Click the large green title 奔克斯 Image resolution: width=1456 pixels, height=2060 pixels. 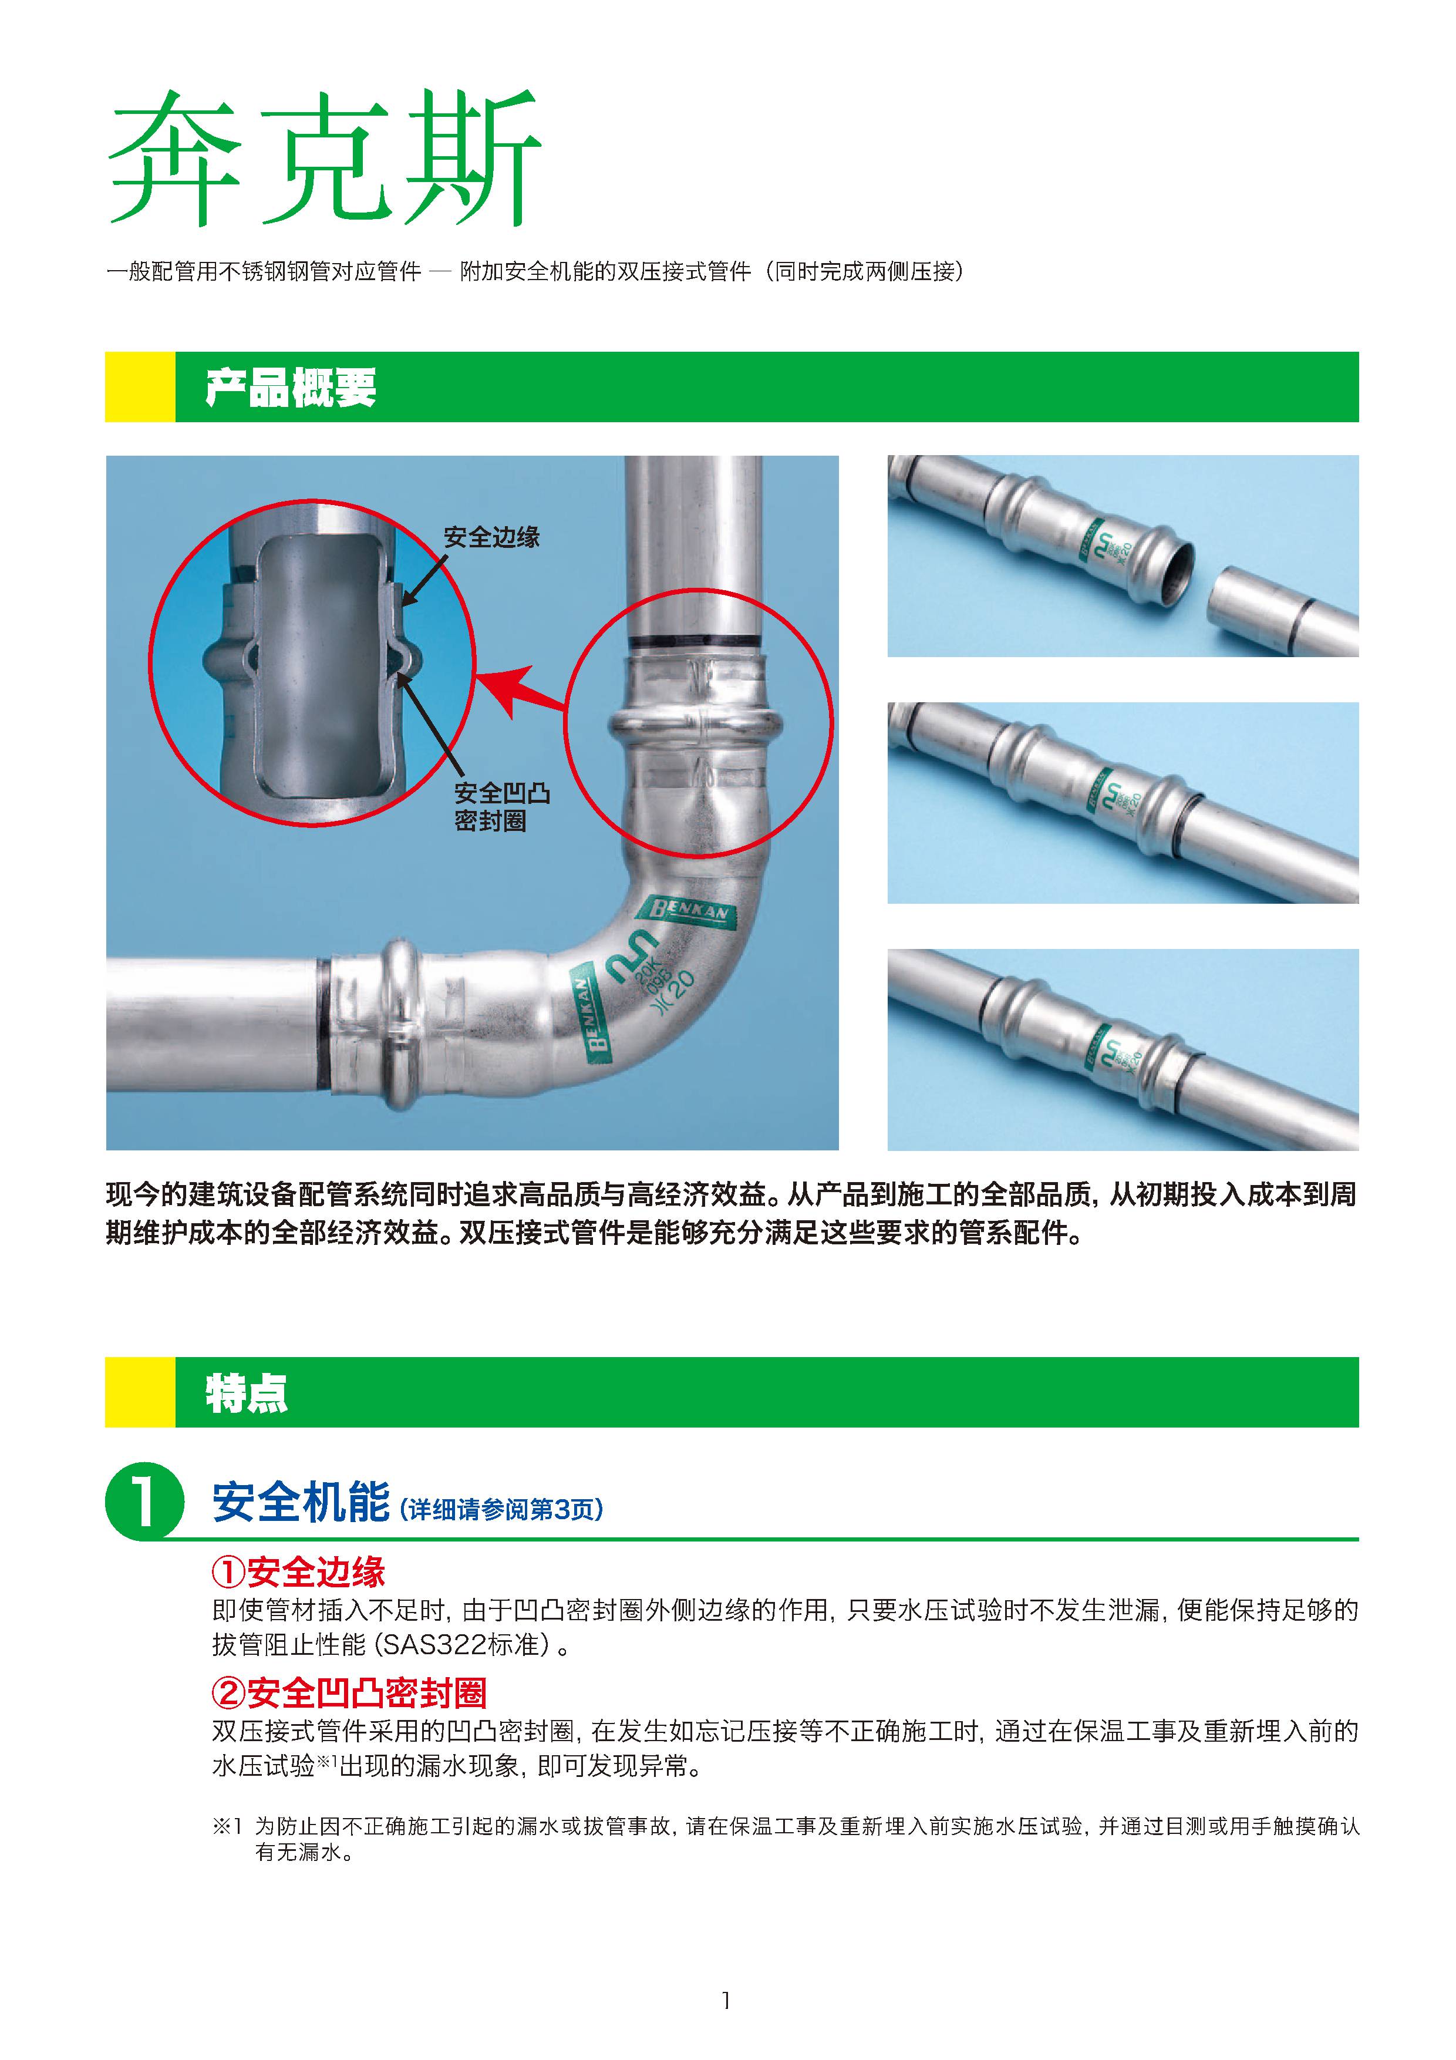[x=325, y=158]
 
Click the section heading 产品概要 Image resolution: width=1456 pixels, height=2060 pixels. [x=291, y=388]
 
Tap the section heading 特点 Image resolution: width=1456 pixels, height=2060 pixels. [x=247, y=1393]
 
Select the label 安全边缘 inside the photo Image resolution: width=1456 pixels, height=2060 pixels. [x=491, y=537]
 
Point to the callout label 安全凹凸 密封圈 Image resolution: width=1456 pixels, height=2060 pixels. [x=501, y=807]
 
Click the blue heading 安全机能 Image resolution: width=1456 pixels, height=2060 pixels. [x=301, y=1502]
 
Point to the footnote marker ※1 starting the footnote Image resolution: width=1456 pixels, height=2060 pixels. [x=227, y=1825]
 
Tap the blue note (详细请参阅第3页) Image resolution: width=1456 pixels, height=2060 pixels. [x=501, y=1509]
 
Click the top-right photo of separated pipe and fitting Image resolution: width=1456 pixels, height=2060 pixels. [x=1123, y=556]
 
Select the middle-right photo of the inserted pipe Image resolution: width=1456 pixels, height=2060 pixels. [x=1123, y=802]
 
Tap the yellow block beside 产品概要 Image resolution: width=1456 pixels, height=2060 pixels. [x=140, y=387]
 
